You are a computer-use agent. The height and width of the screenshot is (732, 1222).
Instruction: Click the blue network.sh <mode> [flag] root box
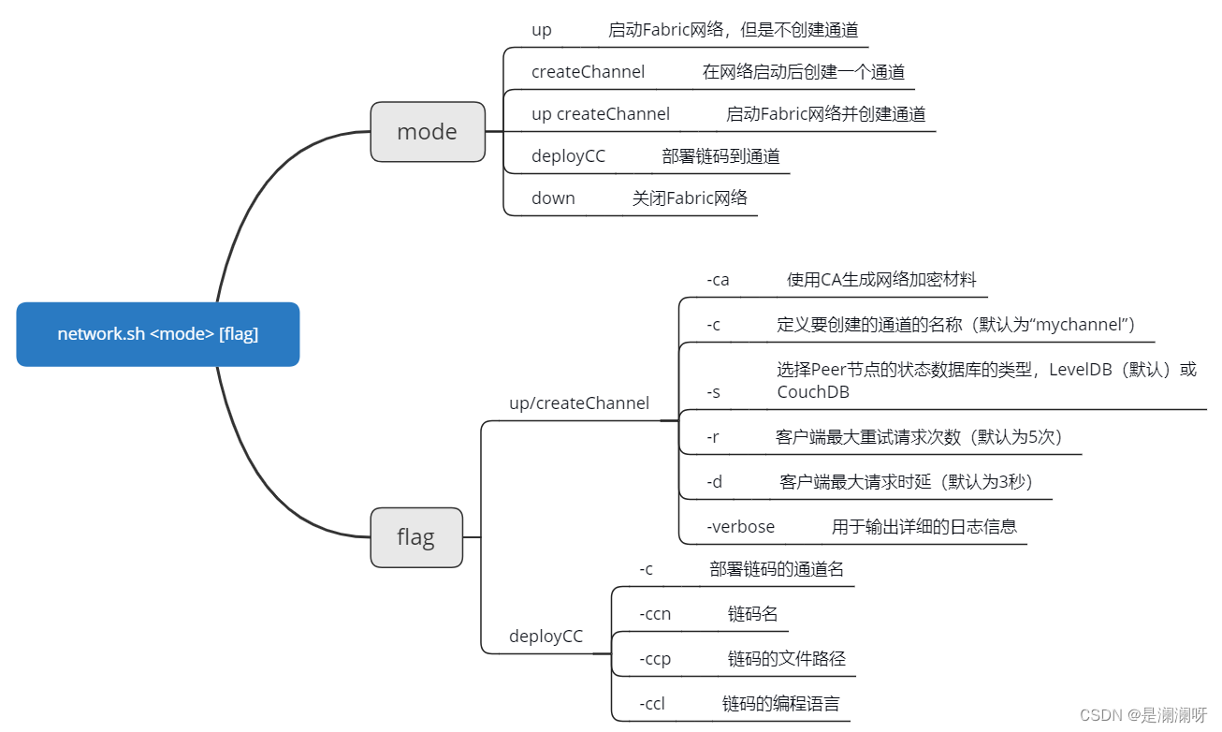click(157, 334)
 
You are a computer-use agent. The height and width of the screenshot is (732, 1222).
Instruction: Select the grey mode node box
click(427, 132)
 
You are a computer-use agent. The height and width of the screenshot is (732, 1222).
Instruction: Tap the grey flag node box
click(415, 537)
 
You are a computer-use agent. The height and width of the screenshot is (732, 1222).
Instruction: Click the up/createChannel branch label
click(578, 403)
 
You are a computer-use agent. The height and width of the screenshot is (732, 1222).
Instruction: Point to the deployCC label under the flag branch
click(546, 637)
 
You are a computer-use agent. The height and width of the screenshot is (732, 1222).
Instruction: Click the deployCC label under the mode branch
click(568, 156)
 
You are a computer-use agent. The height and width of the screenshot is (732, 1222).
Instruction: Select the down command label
click(553, 198)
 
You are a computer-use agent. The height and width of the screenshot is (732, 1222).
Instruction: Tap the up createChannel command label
click(600, 114)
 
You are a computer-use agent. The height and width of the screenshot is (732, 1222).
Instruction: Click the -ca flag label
click(718, 279)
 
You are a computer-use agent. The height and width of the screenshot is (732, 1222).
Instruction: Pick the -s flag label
click(713, 392)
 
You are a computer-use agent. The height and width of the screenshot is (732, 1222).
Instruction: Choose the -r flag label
click(713, 437)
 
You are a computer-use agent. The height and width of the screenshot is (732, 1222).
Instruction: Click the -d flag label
click(714, 482)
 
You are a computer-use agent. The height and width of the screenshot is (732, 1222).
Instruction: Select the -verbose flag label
click(740, 526)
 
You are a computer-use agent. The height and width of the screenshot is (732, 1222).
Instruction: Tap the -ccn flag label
click(655, 614)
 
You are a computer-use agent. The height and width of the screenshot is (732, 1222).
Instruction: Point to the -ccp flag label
click(655, 659)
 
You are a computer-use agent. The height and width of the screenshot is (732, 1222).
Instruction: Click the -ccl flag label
click(652, 703)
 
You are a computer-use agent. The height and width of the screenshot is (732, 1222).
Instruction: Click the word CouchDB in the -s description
click(812, 392)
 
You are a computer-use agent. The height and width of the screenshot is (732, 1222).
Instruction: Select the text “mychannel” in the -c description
click(1084, 325)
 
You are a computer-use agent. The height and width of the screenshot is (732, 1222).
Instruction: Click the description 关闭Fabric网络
click(690, 198)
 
